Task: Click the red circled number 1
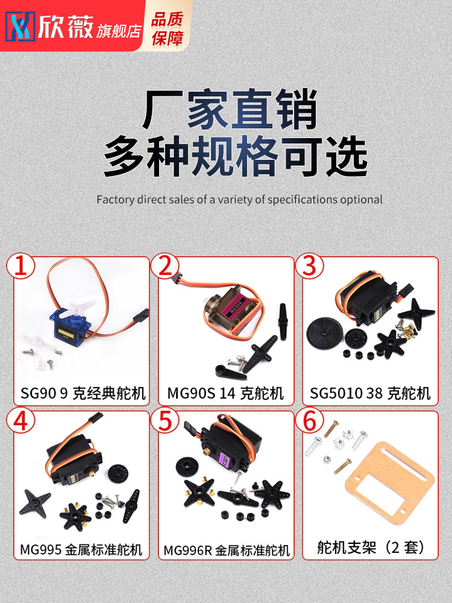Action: tap(20, 266)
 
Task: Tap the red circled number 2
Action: tap(165, 266)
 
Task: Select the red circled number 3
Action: tap(310, 266)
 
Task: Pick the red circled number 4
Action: tap(20, 420)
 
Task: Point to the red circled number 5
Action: tap(165, 420)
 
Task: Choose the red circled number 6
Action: tap(310, 420)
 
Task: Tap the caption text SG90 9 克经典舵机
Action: tap(83, 393)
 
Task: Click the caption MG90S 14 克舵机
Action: tap(225, 393)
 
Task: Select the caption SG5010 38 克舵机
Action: tap(370, 393)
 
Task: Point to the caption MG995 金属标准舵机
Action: tap(81, 549)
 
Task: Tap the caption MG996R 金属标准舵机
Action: tap(227, 551)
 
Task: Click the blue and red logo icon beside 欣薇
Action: tap(20, 27)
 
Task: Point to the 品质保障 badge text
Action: tap(167, 28)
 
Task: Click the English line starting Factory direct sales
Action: tap(239, 200)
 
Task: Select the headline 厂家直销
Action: tap(230, 109)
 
